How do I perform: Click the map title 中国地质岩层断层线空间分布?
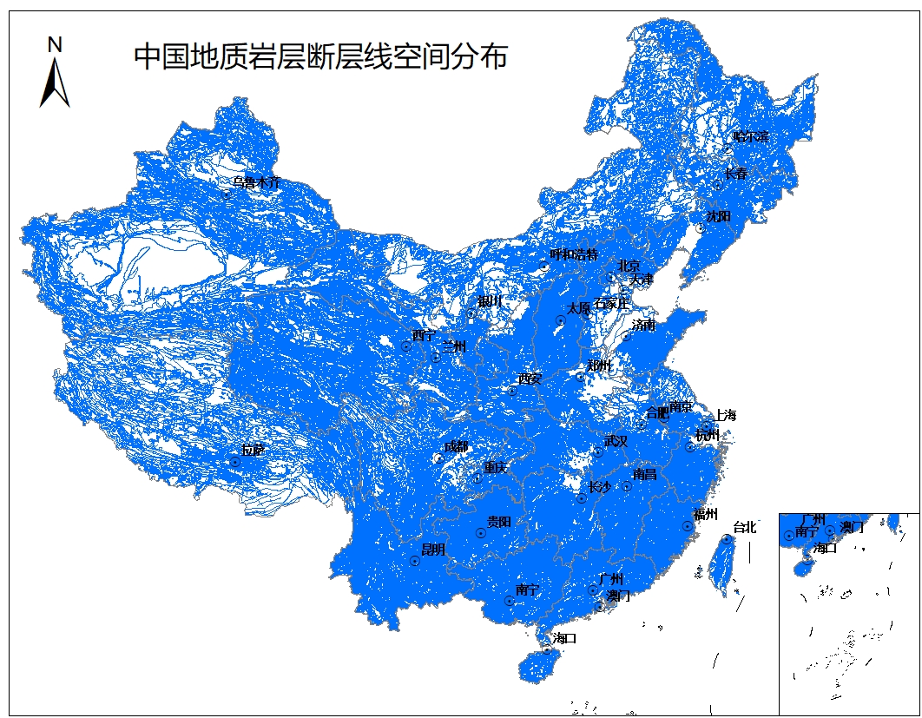pos(320,57)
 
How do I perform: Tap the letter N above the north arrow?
pos(55,44)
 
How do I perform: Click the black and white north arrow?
pos(55,83)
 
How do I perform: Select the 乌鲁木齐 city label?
pos(257,182)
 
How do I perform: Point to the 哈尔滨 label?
pos(751,136)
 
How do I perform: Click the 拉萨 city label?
pos(254,450)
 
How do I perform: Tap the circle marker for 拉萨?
pos(234,462)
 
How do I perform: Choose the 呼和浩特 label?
pos(574,254)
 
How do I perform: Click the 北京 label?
pos(629,265)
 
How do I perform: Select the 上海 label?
pos(725,416)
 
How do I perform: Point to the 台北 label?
pos(745,527)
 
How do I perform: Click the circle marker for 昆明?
pos(415,562)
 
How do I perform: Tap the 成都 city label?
pos(456,446)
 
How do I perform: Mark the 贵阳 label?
pos(498,522)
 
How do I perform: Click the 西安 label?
pos(529,379)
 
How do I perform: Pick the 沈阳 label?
pos(719,215)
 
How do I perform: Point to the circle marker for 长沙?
pos(582,498)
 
